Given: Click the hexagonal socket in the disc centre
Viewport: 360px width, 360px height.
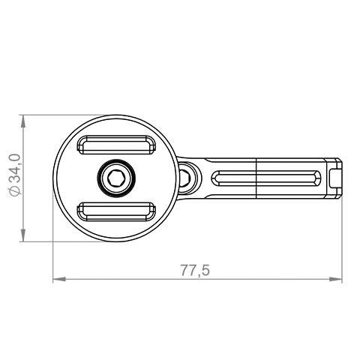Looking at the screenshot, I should point(115,178).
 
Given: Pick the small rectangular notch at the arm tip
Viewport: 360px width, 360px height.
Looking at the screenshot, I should point(336,178).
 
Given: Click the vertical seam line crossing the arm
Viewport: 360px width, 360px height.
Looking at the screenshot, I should point(257,178).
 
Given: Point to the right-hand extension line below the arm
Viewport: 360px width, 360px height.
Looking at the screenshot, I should point(342,240).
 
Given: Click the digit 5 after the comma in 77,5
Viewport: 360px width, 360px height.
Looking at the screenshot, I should point(204,269).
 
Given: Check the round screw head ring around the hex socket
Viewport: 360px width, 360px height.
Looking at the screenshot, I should point(115,167).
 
